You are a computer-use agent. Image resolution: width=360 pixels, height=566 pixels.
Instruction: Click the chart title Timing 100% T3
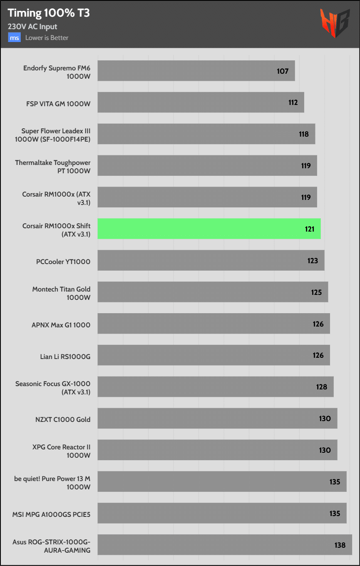(x=49, y=13)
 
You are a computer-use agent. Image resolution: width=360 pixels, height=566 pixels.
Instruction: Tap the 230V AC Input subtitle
(x=32, y=27)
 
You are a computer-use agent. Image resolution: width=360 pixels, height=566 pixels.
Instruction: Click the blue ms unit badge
(x=15, y=38)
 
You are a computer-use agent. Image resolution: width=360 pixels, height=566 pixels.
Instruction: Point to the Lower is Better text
(x=47, y=38)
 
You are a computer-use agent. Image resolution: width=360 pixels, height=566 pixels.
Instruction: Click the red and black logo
(x=334, y=24)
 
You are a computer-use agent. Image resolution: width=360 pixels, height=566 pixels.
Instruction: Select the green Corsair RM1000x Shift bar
(x=209, y=229)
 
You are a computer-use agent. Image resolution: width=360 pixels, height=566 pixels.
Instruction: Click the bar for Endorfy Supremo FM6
(x=196, y=71)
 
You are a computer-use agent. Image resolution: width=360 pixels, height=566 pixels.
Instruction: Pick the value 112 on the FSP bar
(x=293, y=102)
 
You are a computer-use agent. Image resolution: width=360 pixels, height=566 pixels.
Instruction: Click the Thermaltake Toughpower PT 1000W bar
(x=207, y=166)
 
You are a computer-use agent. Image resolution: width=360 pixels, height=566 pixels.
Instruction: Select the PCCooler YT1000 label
(x=63, y=262)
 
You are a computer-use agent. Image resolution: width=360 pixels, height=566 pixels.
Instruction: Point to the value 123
(x=313, y=261)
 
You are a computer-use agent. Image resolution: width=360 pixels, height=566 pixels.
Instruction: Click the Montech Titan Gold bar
(x=213, y=292)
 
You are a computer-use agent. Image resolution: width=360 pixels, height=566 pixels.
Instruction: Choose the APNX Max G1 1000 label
(x=61, y=325)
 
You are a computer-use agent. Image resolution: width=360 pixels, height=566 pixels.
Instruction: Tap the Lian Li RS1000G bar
(x=214, y=355)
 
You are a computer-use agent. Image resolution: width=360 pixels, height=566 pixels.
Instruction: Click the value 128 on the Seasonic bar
(x=322, y=387)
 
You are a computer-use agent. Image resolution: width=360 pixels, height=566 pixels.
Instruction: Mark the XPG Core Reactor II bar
(x=217, y=450)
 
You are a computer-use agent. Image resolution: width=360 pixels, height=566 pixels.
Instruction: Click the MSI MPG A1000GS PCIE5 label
(x=51, y=514)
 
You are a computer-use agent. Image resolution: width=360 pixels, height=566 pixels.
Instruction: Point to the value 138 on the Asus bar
(x=340, y=545)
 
